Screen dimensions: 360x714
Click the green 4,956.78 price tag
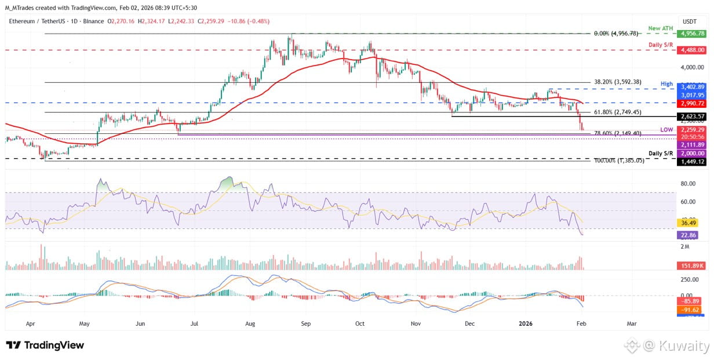(693, 34)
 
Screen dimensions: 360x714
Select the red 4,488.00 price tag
(693, 50)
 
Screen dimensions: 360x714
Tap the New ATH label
(661, 28)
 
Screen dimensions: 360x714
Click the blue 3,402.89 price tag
(693, 86)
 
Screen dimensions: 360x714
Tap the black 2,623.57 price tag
(693, 117)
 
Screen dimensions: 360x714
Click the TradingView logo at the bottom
(45, 346)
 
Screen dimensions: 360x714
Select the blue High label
(666, 84)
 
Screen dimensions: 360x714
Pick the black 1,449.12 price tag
(693, 161)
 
